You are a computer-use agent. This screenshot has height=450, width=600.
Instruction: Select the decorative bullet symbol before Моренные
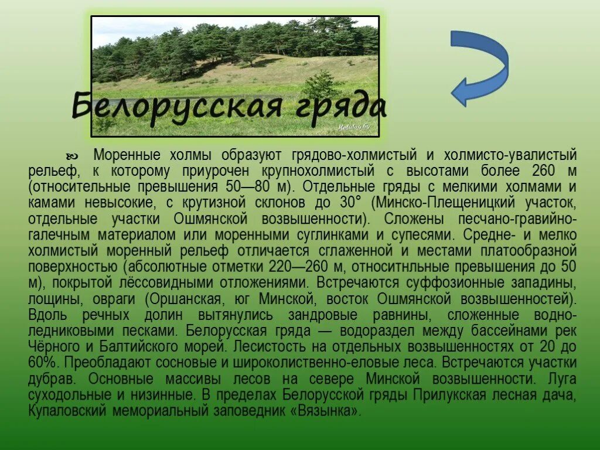tap(73, 156)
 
